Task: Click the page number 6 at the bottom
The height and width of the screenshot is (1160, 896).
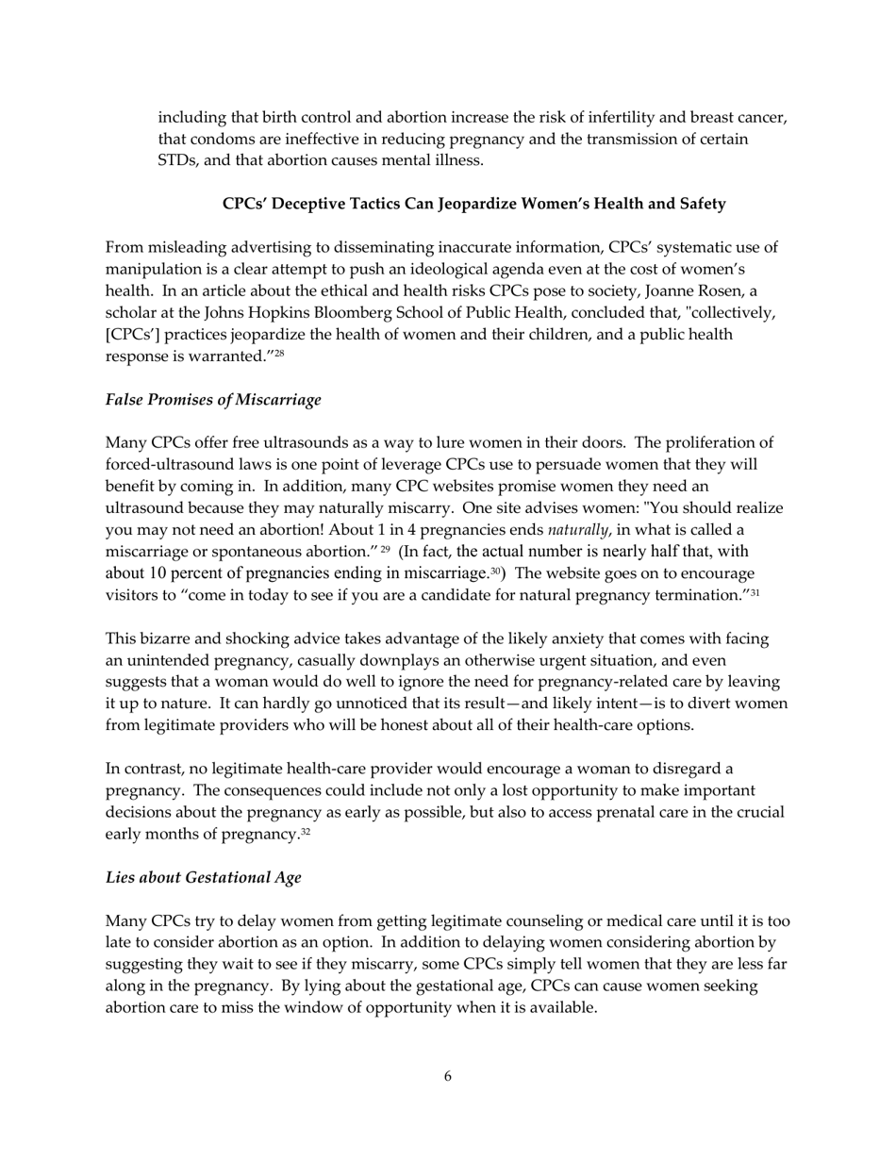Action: (x=447, y=1077)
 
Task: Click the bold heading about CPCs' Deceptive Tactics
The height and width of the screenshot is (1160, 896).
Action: (x=473, y=204)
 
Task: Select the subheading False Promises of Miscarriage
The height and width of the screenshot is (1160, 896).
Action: (x=213, y=400)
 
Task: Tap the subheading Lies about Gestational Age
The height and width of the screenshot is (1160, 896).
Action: (x=204, y=878)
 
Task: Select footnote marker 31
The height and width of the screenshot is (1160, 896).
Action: (x=755, y=592)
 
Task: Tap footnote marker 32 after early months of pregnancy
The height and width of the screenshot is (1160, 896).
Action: (x=306, y=832)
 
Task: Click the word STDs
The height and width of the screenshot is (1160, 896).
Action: (x=177, y=160)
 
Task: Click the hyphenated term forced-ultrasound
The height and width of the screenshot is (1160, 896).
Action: (x=169, y=465)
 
